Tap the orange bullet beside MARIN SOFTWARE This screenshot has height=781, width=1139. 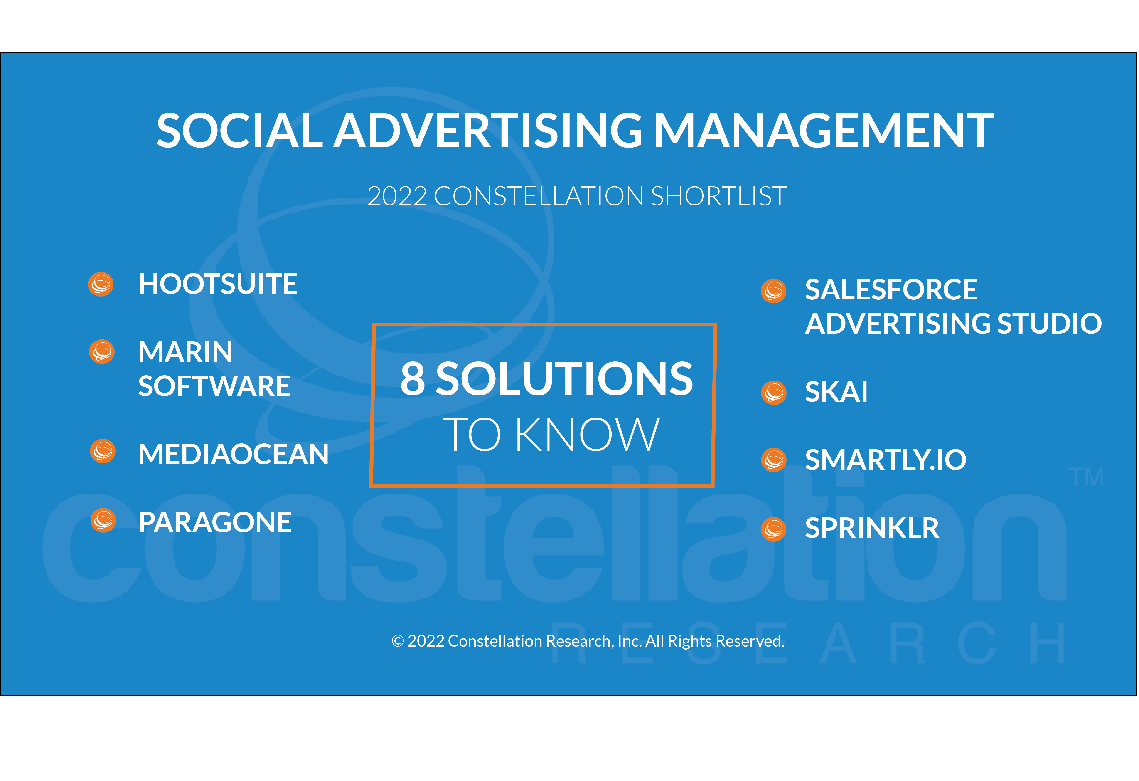coord(102,351)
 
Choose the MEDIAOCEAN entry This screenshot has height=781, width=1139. coord(233,454)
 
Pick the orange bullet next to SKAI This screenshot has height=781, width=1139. coord(774,392)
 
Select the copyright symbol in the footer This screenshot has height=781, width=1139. coord(397,641)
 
